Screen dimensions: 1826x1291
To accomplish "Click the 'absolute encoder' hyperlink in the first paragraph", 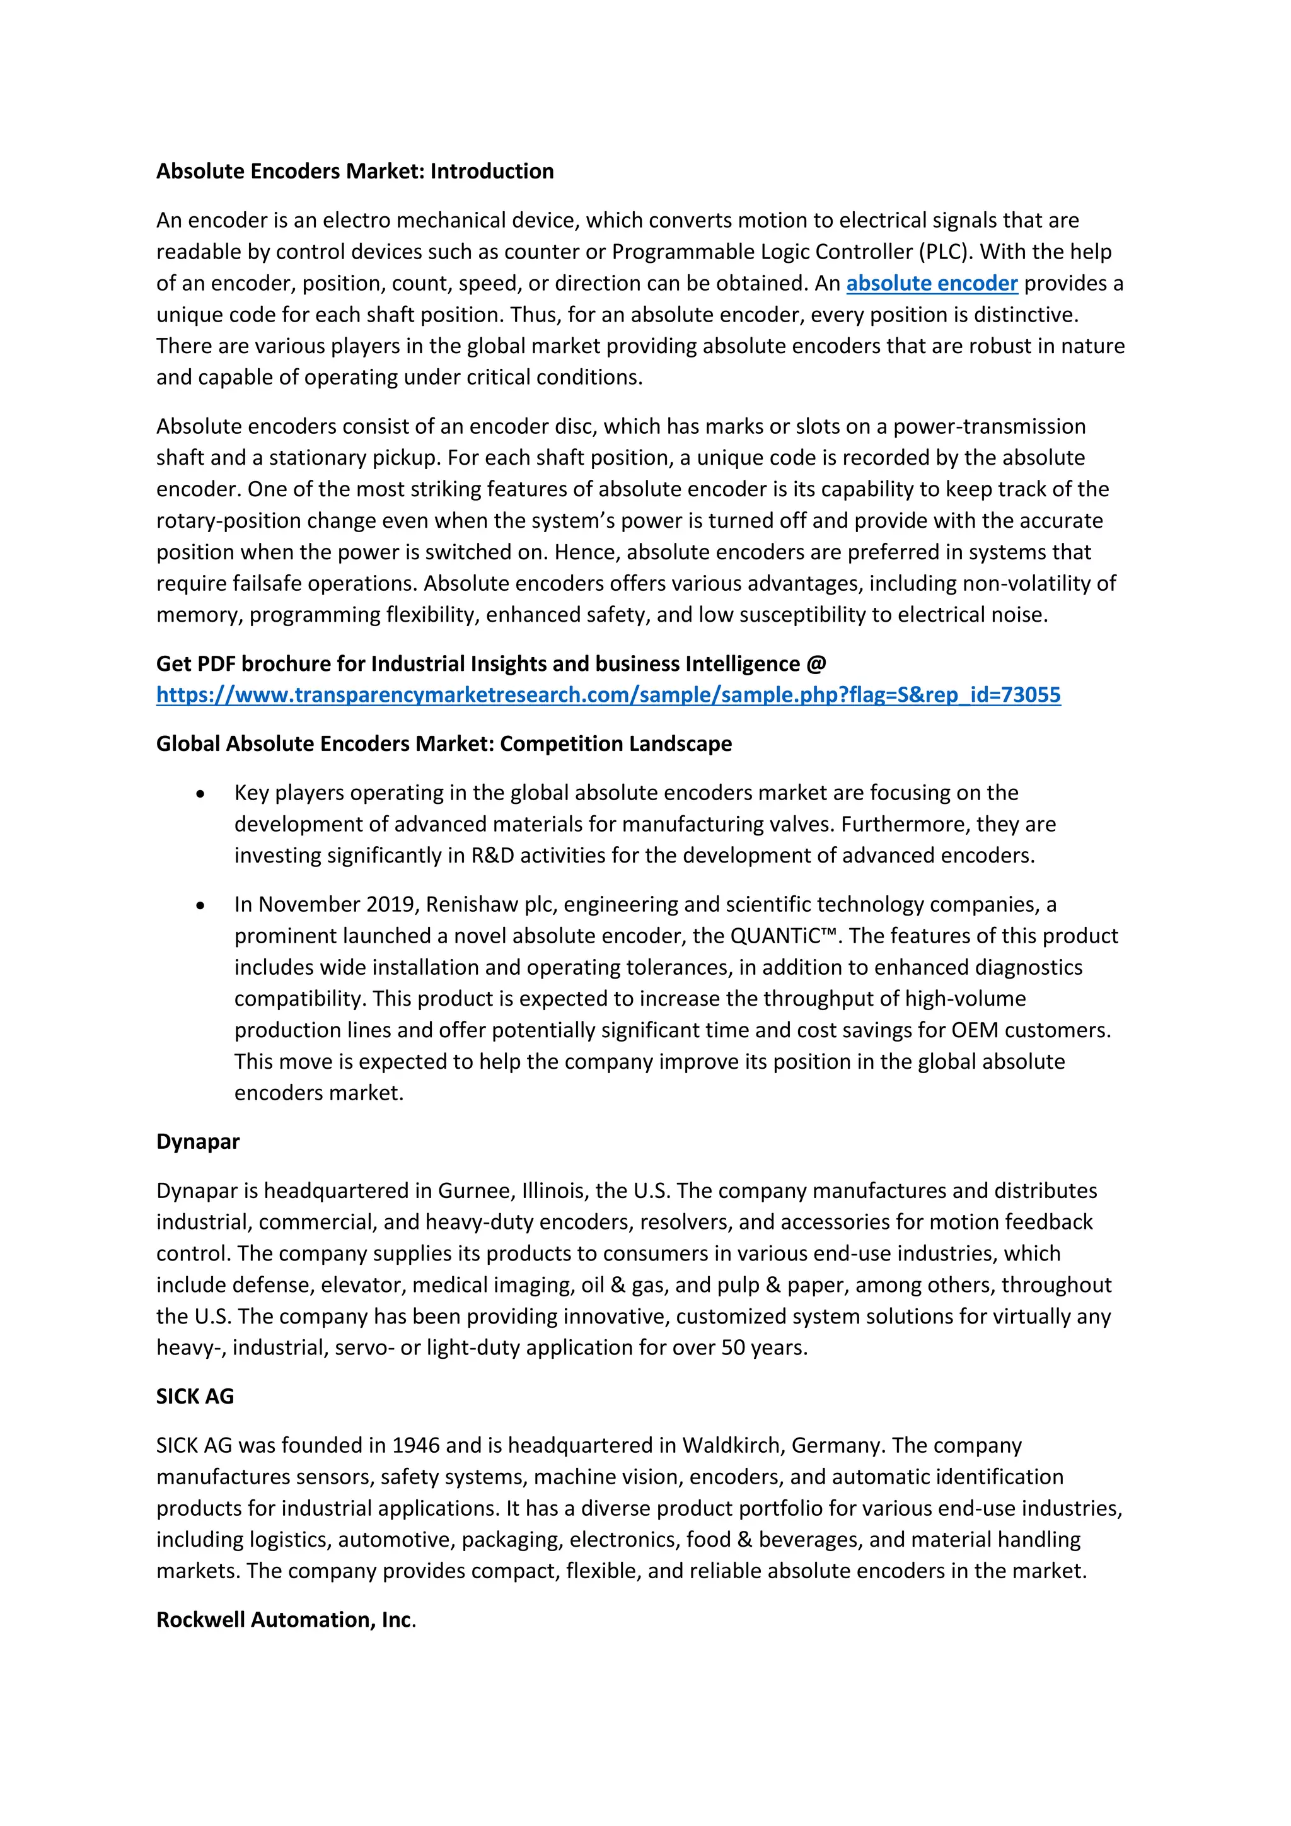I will (931, 284).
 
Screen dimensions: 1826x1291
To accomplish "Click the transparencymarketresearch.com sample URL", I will (608, 695).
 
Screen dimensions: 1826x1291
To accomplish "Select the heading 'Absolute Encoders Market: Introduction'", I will (354, 172).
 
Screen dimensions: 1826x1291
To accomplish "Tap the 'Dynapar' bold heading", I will (198, 1142).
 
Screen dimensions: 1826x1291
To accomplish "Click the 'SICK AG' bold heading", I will (195, 1397).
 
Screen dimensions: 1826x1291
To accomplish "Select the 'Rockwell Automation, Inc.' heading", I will (286, 1620).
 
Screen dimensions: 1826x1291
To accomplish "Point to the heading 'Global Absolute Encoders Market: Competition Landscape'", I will (444, 743).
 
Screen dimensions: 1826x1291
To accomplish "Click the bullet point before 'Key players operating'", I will (200, 794).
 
